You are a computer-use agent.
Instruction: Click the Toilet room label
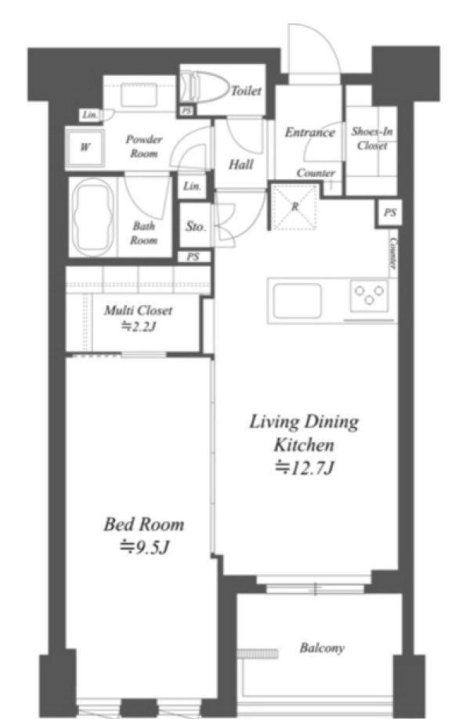tap(246, 90)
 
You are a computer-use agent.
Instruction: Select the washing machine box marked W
tap(85, 148)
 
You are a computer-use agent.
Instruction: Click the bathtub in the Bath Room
tap(93, 217)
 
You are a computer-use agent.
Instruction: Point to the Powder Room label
tap(143, 146)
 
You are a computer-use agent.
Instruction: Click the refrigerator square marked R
tap(295, 207)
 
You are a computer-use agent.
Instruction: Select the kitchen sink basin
tap(297, 300)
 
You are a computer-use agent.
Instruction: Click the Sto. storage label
tap(196, 226)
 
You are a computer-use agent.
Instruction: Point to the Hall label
tap(241, 164)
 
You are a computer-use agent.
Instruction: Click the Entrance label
tap(310, 132)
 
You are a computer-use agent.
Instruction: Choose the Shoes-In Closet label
tap(372, 138)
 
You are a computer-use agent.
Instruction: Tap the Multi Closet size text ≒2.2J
tap(139, 327)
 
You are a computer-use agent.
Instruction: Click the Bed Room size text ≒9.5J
tap(144, 547)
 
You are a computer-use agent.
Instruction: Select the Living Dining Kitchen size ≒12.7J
tap(303, 468)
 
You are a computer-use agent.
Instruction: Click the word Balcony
tap(322, 648)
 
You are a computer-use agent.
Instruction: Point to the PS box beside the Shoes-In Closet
tap(390, 214)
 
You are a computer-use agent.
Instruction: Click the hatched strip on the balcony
tap(258, 653)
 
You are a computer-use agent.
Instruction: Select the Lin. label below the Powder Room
tap(193, 186)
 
